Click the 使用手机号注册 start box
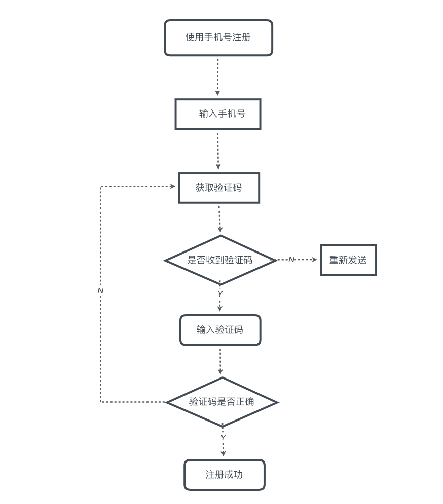click(x=218, y=37)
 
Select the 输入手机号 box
click(x=218, y=114)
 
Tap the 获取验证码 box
click(x=219, y=188)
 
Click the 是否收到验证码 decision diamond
click(x=220, y=260)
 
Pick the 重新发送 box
click(x=348, y=260)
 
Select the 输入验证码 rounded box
click(x=220, y=330)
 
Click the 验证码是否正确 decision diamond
click(x=222, y=402)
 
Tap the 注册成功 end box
click(x=224, y=475)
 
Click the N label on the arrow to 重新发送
click(x=291, y=260)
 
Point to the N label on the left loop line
click(x=100, y=291)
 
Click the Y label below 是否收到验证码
click(x=220, y=294)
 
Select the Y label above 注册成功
click(x=223, y=438)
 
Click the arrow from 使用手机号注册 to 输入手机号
click(x=218, y=76)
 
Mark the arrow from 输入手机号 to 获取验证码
click(x=218, y=150)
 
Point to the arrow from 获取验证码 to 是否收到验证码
click(x=219, y=219)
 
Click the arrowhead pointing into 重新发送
click(x=314, y=260)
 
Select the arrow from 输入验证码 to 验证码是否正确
click(x=220, y=361)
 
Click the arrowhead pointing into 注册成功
click(x=223, y=453)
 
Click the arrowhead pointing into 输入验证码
click(x=220, y=308)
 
